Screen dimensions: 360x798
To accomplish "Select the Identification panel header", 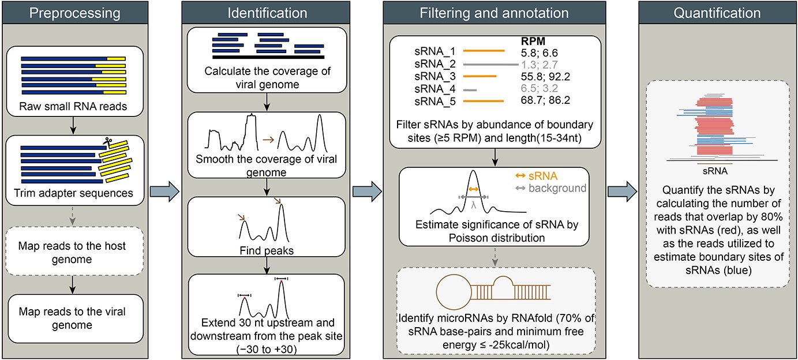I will [267, 13].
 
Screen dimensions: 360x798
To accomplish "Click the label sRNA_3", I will [430, 76].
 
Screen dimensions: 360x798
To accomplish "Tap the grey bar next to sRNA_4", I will [470, 89].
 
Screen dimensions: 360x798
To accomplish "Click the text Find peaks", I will [266, 251].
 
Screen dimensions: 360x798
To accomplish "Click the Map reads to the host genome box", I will [73, 252].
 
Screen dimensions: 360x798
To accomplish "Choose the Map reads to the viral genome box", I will [73, 318].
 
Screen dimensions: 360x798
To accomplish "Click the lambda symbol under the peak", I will [474, 204].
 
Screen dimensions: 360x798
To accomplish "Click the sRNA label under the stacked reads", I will [714, 171].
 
